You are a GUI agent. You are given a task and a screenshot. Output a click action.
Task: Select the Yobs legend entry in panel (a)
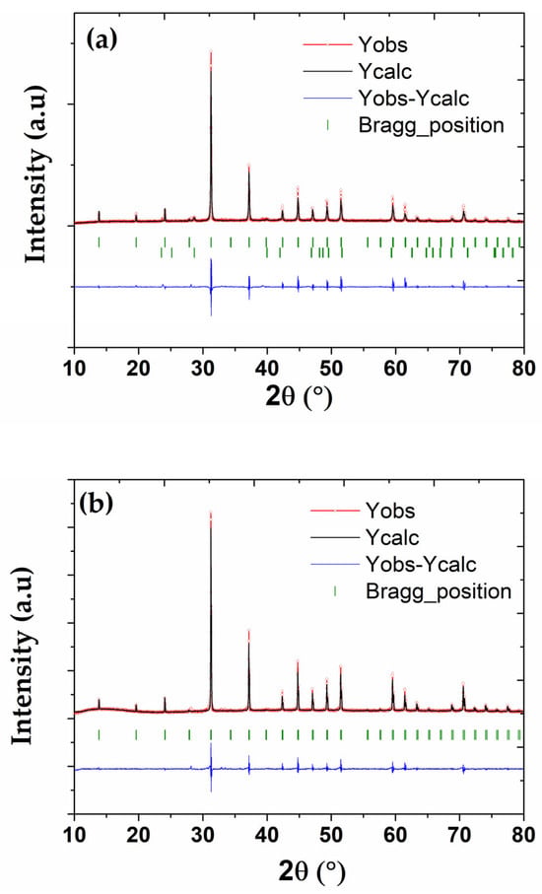pos(383,44)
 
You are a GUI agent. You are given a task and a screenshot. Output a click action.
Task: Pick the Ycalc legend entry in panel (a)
pos(385,71)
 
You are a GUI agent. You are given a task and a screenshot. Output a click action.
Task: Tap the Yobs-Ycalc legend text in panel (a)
pos(414,98)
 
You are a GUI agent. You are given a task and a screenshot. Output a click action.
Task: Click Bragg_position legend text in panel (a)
pos(432,125)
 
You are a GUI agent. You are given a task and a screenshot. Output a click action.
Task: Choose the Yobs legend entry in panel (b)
pos(390,511)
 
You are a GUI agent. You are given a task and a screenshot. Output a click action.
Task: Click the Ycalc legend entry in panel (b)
pos(392,537)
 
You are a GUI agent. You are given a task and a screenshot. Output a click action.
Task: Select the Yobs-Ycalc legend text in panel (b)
pos(421,565)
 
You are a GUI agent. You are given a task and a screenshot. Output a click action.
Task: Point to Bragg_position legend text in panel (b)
pos(439,591)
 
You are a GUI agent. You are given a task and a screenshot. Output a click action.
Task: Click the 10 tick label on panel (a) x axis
pos(74,368)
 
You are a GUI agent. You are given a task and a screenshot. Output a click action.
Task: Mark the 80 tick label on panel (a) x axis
pos(523,368)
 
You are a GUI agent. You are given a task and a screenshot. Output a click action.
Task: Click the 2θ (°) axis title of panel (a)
pos(299,397)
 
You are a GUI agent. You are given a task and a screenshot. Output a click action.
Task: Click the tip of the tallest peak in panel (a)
pos(211,51)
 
